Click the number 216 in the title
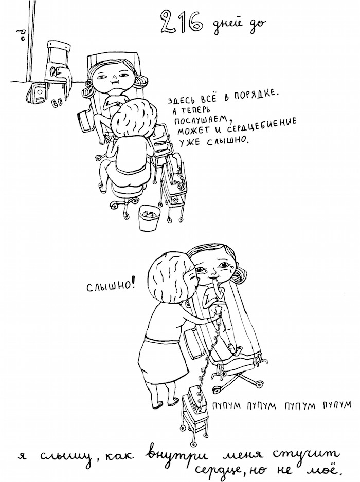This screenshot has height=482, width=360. pyautogui.click(x=181, y=23)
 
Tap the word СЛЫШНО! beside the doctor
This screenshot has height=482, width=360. pyautogui.click(x=111, y=287)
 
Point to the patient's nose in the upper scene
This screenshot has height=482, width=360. pyautogui.click(x=114, y=76)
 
